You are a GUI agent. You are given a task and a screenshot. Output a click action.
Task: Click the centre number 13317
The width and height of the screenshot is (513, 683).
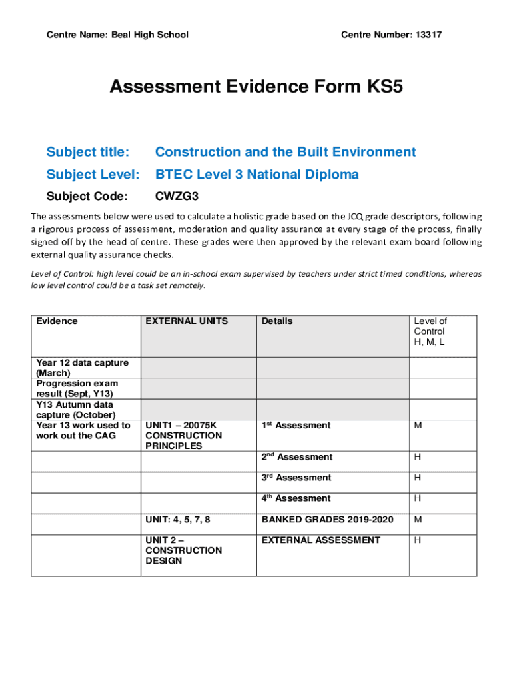pyautogui.click(x=428, y=35)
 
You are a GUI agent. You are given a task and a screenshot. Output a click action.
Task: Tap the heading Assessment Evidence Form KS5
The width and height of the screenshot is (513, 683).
pyautogui.click(x=256, y=87)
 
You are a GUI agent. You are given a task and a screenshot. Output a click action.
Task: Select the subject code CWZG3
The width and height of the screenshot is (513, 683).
pyautogui.click(x=177, y=197)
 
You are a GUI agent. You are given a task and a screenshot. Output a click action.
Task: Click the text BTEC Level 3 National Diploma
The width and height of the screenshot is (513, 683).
pyautogui.click(x=257, y=175)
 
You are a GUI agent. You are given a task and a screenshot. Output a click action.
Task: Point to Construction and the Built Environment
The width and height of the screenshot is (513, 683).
pyautogui.click(x=285, y=152)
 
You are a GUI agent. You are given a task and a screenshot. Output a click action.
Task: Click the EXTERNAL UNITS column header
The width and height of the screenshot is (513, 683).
pyautogui.click(x=187, y=321)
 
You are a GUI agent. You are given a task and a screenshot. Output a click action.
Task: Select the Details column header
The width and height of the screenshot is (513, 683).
pyautogui.click(x=277, y=321)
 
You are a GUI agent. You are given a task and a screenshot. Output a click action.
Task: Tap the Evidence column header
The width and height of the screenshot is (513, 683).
pyautogui.click(x=57, y=321)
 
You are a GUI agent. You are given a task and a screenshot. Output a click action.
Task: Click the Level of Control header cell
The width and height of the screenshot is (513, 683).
pyautogui.click(x=430, y=331)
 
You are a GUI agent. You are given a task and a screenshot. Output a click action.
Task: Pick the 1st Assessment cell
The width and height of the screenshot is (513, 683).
pyautogui.click(x=296, y=426)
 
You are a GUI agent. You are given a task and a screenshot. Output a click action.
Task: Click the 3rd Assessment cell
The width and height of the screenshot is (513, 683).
pyautogui.click(x=296, y=478)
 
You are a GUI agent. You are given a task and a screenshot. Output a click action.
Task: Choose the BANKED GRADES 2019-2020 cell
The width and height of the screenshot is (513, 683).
pyautogui.click(x=328, y=520)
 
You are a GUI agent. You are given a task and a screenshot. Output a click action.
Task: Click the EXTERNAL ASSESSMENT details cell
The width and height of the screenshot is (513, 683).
pyautogui.click(x=321, y=540)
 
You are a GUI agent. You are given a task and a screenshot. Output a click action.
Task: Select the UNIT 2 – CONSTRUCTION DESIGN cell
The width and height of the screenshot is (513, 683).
pyautogui.click(x=183, y=550)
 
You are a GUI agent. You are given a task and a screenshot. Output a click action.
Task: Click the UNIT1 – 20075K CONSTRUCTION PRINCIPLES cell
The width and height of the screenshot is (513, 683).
pyautogui.click(x=183, y=436)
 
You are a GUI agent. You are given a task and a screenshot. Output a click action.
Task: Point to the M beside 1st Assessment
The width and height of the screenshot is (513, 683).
pyautogui.click(x=418, y=426)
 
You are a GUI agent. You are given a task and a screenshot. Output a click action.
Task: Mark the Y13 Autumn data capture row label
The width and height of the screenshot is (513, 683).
pyautogui.click(x=75, y=410)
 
